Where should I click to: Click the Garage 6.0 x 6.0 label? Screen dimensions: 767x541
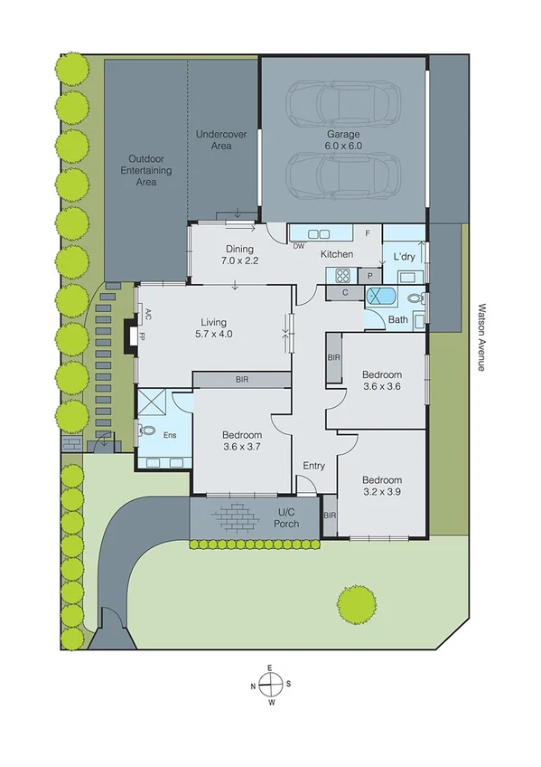[343, 139]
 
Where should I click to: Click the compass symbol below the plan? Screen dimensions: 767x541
[269, 685]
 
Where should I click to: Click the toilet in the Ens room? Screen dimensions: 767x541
[147, 431]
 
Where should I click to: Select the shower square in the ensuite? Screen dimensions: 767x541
[151, 402]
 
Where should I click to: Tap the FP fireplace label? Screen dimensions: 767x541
[142, 335]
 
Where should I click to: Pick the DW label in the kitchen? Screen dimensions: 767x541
[299, 246]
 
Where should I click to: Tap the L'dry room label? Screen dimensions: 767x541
[404, 258]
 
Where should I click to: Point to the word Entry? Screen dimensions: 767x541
[313, 466]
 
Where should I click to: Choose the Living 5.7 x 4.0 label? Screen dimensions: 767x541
[214, 328]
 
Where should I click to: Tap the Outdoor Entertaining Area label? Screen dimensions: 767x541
[142, 169]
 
